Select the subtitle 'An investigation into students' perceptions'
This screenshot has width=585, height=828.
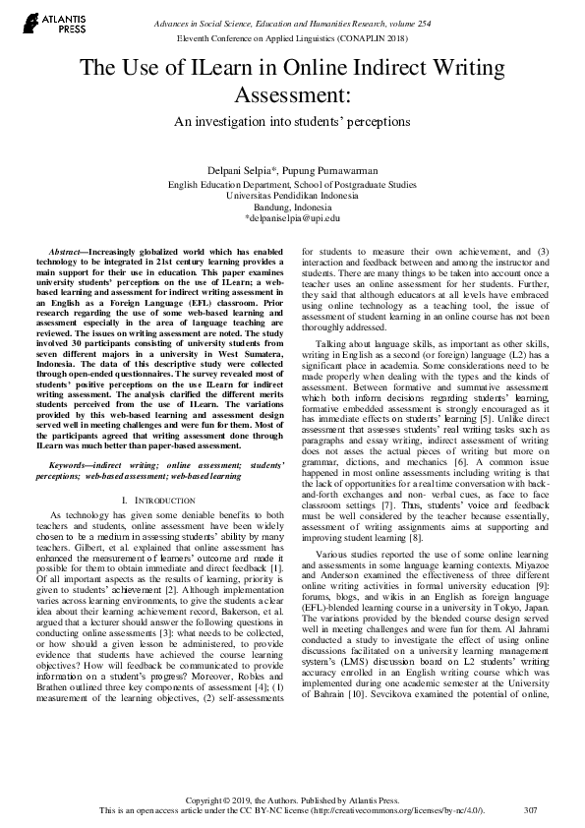click(292, 123)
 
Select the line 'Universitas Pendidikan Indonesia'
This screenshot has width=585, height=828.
click(292, 196)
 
